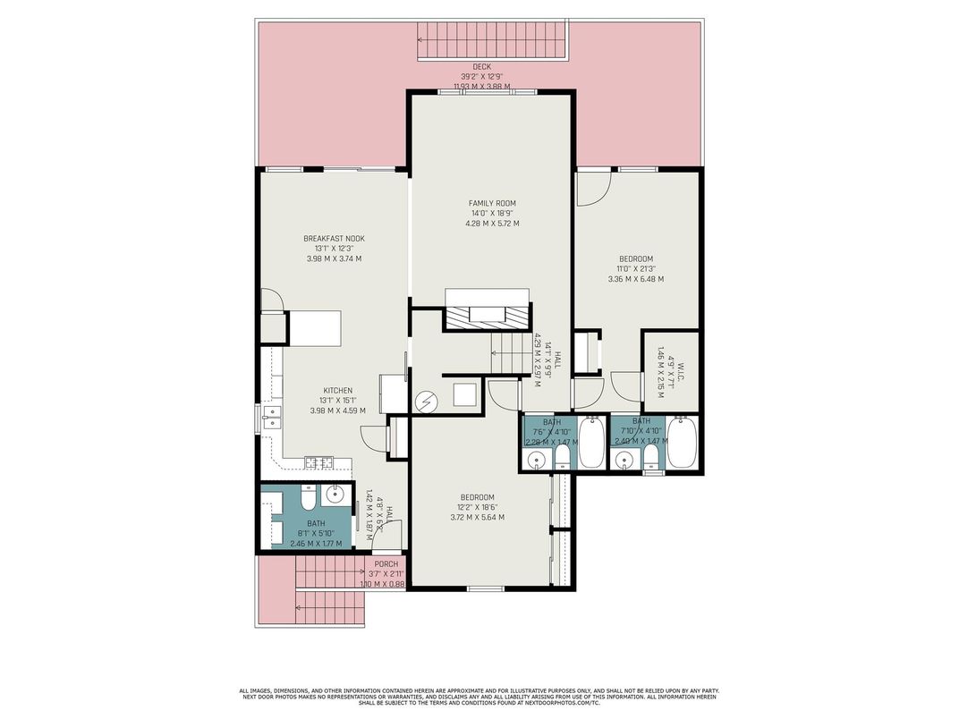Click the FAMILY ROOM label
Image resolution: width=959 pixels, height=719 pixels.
coord(492,203)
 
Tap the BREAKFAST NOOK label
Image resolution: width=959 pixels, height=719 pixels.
coord(334,239)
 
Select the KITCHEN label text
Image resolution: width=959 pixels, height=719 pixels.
coord(338,391)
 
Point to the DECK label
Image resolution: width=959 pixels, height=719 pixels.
coord(482,67)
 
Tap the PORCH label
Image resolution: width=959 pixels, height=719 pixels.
coord(386,563)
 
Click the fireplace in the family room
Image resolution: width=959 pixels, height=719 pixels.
coord(487,313)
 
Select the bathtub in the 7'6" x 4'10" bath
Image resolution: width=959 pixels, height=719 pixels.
coord(591,443)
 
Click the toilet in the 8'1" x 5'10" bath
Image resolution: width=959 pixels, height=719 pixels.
coord(307,496)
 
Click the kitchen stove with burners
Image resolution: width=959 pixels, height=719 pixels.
coord(318,462)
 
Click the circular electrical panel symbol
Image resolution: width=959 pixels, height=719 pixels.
coord(425,402)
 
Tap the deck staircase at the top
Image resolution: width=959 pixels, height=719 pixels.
coord(492,40)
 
